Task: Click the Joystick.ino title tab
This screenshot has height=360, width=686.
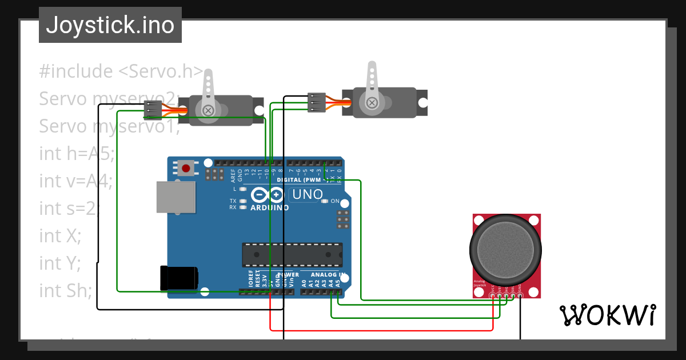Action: tap(110, 25)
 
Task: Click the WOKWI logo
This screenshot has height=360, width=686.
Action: tap(607, 315)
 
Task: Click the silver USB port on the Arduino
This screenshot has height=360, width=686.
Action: tap(176, 197)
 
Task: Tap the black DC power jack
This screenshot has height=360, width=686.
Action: tap(179, 278)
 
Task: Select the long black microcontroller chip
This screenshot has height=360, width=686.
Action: tap(292, 255)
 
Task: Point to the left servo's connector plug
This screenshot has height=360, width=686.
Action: tap(152, 108)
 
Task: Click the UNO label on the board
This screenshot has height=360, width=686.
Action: tap(307, 194)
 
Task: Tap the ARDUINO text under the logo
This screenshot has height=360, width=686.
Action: tap(270, 207)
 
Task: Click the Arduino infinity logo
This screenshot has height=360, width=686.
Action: tap(268, 195)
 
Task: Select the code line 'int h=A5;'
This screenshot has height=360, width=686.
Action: tap(77, 153)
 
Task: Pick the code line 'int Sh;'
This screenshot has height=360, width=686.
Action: tap(65, 290)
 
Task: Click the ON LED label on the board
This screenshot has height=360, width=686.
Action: tap(335, 201)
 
